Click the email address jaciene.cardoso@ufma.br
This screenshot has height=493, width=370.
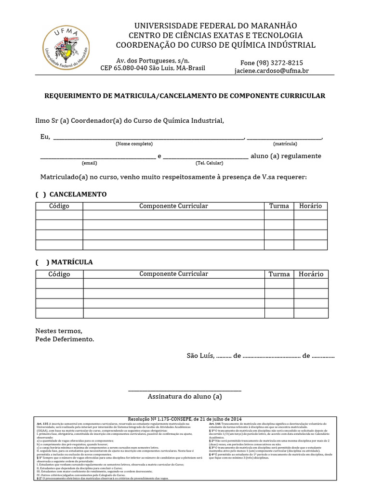pos(271,71)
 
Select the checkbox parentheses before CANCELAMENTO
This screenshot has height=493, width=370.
pos(40,194)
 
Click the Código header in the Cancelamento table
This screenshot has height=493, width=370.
pos(59,206)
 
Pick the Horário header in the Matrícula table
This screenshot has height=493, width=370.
pos(311,274)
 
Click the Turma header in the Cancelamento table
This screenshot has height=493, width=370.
pos(279,206)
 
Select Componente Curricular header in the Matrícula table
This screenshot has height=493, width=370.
pos(173,274)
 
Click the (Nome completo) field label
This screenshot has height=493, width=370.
pos(134,144)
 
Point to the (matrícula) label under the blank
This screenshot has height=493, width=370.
pos(285,144)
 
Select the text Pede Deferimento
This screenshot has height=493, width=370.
pos(65,339)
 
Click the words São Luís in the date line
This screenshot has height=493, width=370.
pos(199,356)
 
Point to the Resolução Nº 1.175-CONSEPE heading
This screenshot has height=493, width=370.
pos(185,418)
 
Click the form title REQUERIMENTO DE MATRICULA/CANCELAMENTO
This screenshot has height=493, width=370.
pos(185,96)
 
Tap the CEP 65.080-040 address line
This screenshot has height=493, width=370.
pos(152,68)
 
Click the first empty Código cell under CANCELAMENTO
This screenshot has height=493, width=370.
pos(59,215)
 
